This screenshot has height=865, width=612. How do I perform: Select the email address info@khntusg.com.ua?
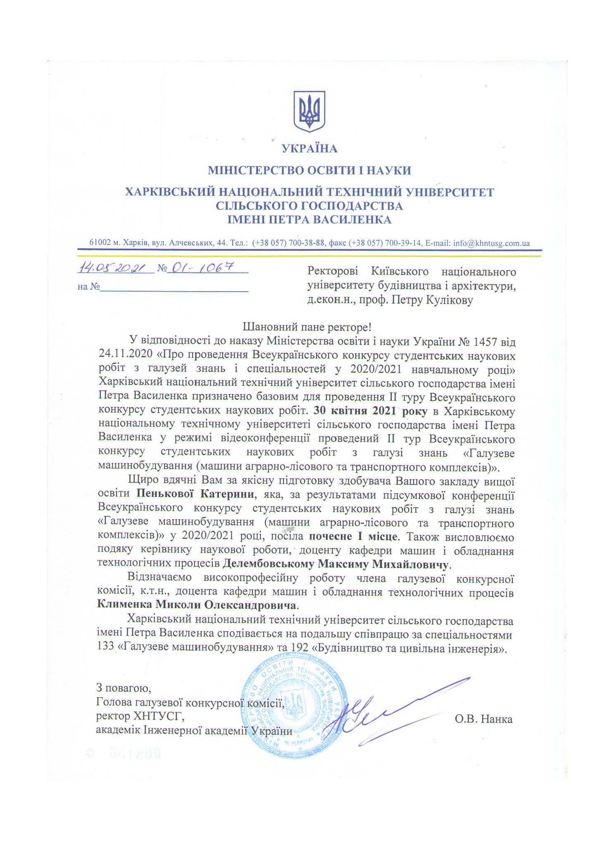click(491, 243)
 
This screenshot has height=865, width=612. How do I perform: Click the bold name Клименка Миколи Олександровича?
click(197, 606)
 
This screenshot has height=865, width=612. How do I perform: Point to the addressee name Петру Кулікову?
click(438, 300)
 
